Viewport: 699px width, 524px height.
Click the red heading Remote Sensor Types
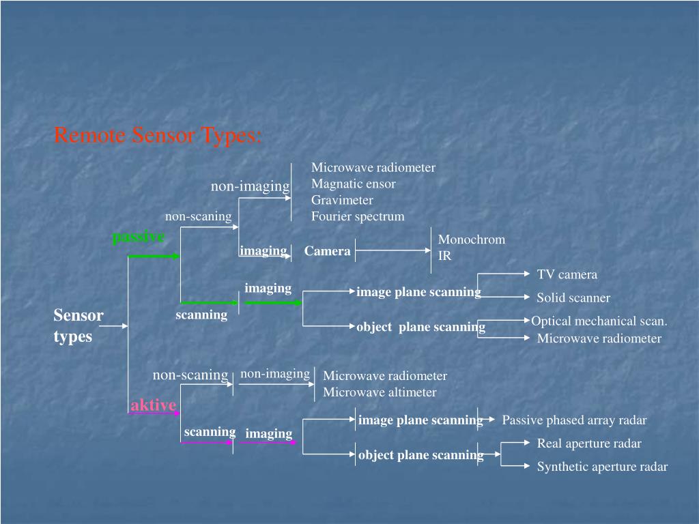point(158,136)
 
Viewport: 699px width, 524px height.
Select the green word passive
point(139,237)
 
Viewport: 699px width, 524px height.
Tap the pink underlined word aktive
point(154,405)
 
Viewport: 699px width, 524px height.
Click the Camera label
point(328,251)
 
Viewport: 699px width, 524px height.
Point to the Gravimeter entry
point(342,200)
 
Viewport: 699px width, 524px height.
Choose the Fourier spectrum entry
point(358,216)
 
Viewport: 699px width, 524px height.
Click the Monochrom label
point(471,239)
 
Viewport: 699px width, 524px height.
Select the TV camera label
point(567,274)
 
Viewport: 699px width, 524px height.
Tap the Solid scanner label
point(573,297)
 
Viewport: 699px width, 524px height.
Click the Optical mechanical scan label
point(599,321)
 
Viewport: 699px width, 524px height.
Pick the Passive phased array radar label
point(574,420)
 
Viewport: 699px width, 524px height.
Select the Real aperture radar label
point(589,443)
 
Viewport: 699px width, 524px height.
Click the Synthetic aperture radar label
point(602,467)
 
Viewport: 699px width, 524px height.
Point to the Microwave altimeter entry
point(380,392)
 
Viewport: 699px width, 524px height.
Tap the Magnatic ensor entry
point(353,184)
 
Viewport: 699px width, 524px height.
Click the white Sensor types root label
point(78,325)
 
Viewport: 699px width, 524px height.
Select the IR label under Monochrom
point(444,256)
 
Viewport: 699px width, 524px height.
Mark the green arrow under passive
point(154,257)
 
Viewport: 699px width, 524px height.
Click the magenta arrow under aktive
point(154,413)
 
